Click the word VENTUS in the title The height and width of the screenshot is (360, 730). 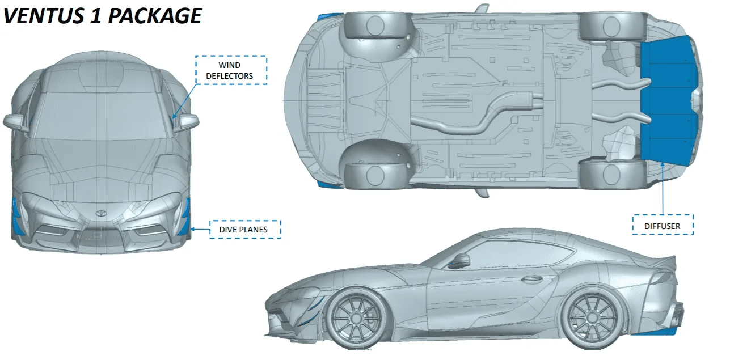[44, 16]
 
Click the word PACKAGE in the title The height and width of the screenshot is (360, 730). [155, 16]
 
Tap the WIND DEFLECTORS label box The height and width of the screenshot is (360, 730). [231, 70]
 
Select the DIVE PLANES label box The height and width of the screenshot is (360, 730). [245, 230]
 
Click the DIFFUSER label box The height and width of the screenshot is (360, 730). [663, 225]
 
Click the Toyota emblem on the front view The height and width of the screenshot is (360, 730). [101, 213]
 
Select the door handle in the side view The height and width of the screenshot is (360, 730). [532, 279]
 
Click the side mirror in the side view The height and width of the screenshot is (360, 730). [459, 260]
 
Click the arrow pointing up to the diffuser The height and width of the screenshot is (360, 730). [663, 188]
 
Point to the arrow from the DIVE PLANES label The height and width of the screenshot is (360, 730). [200, 230]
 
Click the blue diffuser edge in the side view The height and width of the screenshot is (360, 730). [653, 332]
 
